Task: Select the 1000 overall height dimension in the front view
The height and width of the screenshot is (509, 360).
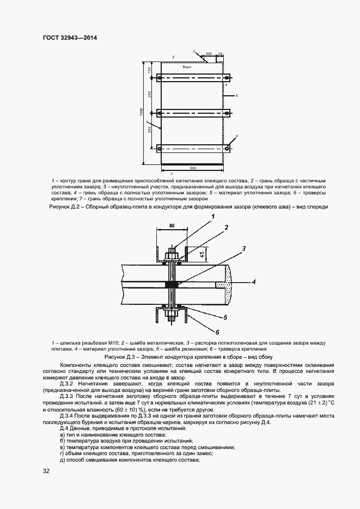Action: coord(141,112)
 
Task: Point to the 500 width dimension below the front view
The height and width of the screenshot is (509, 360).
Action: coord(193,168)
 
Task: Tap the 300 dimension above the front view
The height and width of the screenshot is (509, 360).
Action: coord(209,54)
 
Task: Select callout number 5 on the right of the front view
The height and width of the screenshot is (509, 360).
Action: coord(237,95)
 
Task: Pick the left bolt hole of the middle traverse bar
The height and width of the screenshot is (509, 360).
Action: coord(160,113)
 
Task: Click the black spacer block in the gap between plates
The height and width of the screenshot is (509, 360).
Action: coord(172,284)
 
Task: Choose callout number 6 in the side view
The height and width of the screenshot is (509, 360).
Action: coord(217,332)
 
